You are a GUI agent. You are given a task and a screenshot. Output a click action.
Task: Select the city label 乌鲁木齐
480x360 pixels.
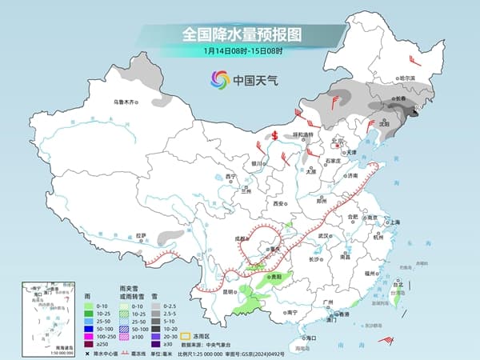[125, 102]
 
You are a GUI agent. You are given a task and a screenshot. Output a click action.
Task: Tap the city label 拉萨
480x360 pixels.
[142, 235]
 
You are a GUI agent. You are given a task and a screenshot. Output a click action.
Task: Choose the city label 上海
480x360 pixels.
[394, 222]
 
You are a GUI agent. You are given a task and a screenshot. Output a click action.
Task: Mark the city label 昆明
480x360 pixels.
[230, 291]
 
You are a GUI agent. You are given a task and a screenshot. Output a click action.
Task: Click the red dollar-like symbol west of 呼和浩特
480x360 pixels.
[274, 135]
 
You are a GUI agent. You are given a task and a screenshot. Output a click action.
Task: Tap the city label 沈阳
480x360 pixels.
[386, 124]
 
